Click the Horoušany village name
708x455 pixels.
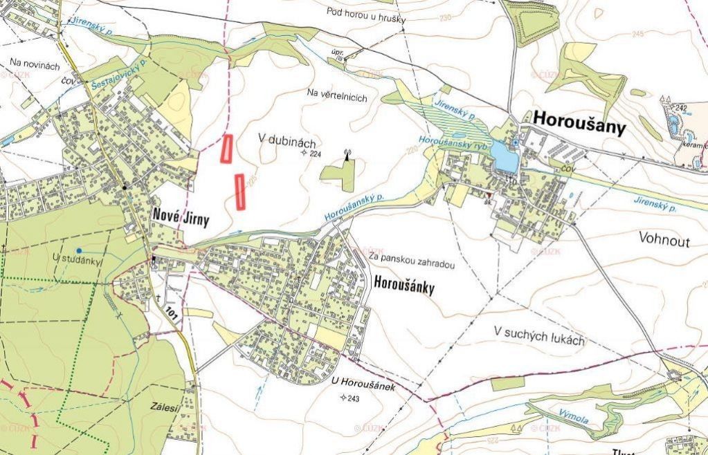click(579, 127)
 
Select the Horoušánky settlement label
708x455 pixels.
click(404, 284)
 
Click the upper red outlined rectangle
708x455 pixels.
click(226, 149)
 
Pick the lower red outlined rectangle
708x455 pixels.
click(240, 192)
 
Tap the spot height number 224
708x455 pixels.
click(316, 154)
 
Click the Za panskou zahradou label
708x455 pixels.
click(411, 263)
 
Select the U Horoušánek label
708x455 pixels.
click(363, 384)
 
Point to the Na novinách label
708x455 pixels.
click(35, 64)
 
